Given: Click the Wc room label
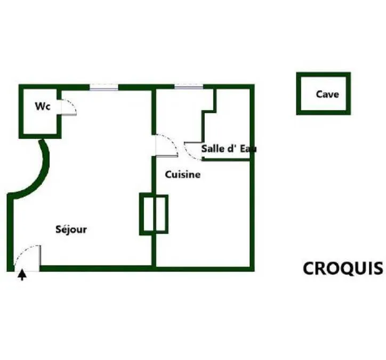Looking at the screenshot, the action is point(43,106).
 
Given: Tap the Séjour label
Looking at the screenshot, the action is point(71,229).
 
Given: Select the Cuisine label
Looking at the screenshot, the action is point(183,174).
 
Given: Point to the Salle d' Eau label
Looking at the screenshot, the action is point(229,149).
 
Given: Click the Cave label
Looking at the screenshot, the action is point(327,94).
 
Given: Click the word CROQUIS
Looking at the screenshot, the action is point(343,268).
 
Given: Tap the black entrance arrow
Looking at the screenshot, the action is point(22,275).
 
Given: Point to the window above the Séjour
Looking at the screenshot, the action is point(104,87).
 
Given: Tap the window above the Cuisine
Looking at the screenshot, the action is point(189,86).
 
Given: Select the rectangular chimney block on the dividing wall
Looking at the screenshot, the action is point(154,214).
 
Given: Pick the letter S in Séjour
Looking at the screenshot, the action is point(58,229).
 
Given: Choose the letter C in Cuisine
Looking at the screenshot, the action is point(168,174).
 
